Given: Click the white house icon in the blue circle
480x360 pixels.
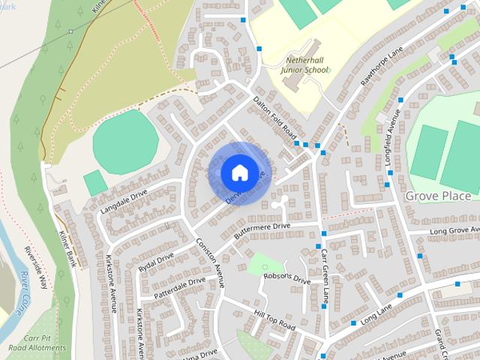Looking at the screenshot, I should pos(238,172).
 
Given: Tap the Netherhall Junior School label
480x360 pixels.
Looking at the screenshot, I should pos(304,64).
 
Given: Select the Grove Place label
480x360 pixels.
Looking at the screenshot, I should pos(438,196).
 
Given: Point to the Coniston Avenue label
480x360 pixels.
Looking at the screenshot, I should pos(211,262).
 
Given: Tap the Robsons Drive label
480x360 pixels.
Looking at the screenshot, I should pos(286,277).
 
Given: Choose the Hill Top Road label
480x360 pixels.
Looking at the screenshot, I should pos(275,319).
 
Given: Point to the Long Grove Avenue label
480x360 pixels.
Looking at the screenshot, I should pos(454,229).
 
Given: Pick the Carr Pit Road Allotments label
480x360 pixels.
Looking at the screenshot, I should pos(37,343).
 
